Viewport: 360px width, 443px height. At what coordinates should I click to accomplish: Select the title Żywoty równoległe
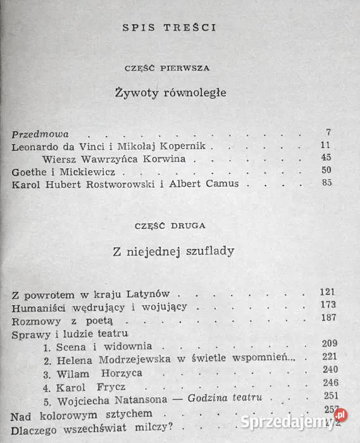171,92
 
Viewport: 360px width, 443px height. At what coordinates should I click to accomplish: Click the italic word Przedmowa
40,134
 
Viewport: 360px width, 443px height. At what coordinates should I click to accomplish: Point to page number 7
328,133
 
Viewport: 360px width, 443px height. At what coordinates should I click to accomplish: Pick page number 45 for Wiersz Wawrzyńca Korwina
326,158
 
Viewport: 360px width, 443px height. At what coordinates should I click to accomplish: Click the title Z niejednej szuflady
173,251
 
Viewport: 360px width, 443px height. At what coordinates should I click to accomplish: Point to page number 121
326,292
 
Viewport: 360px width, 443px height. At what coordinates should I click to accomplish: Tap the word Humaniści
38,307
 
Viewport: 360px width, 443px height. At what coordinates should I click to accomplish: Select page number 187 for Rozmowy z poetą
326,318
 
